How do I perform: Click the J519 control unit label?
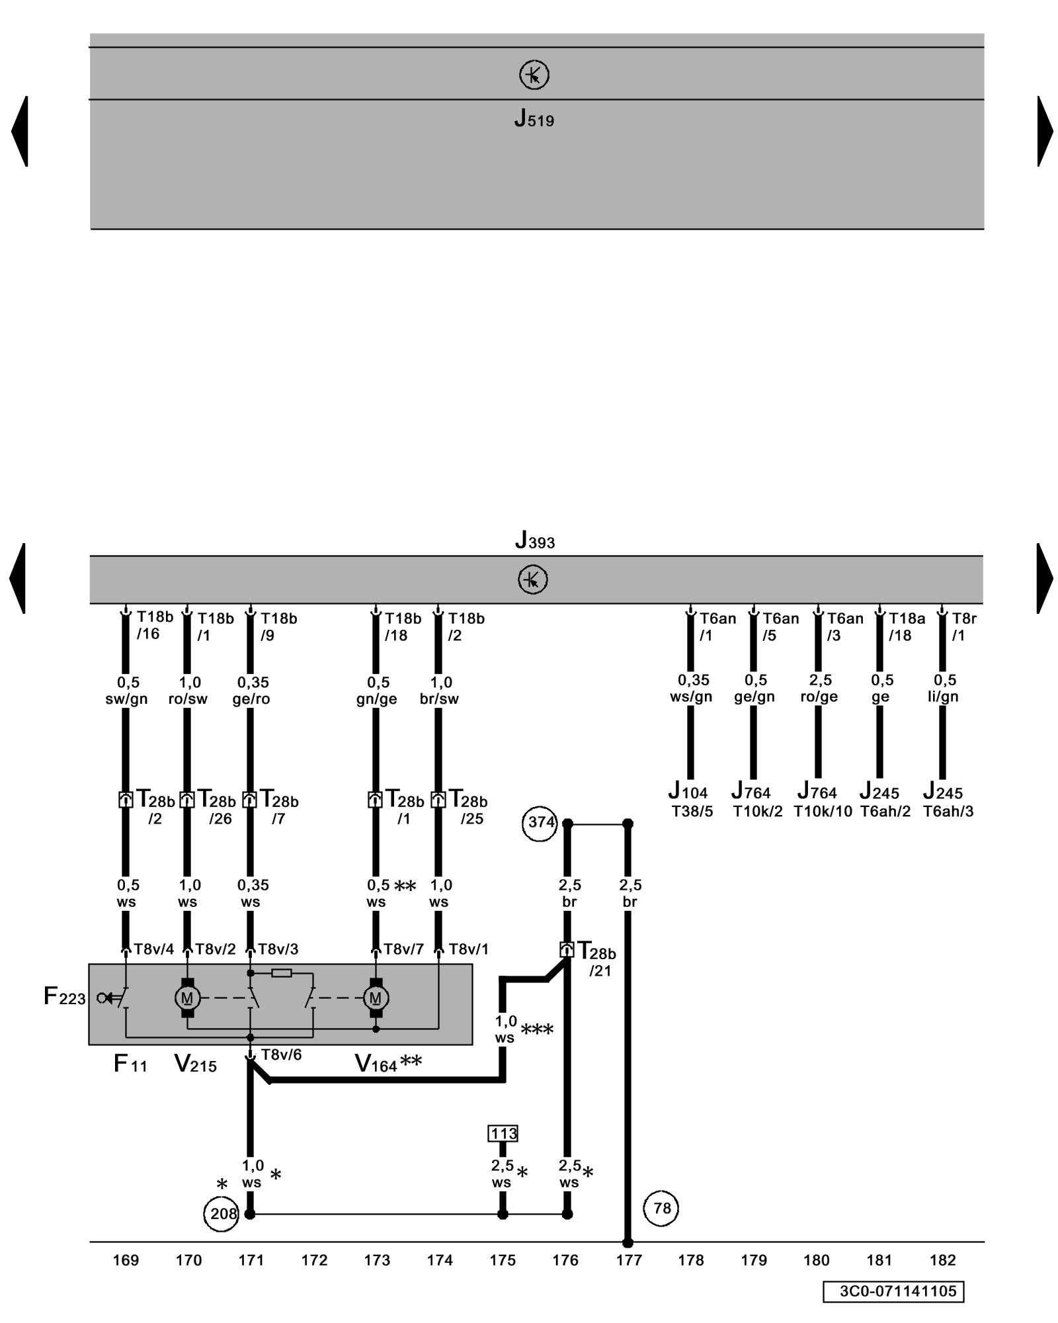tap(534, 119)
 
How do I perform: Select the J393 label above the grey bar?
tap(534, 540)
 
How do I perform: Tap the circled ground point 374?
tap(540, 822)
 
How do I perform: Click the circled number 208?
tap(222, 1213)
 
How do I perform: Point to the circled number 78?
tap(661, 1208)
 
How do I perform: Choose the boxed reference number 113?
tap(503, 1134)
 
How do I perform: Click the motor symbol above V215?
tap(187, 998)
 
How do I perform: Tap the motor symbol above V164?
tap(376, 998)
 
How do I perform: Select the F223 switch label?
tap(64, 996)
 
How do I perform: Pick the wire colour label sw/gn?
tap(126, 699)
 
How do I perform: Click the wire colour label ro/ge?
tap(819, 697)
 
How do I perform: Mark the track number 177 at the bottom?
tap(628, 1260)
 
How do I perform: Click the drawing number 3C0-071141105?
tap(893, 1291)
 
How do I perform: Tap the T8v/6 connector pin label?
tap(281, 1054)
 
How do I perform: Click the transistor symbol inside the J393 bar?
tap(533, 579)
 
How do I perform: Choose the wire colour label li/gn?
tap(943, 697)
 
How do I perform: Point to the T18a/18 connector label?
tap(906, 626)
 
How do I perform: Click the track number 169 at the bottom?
tap(126, 1260)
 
